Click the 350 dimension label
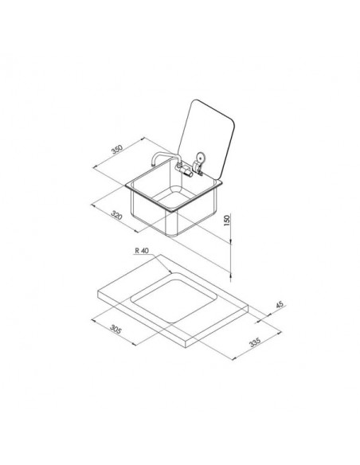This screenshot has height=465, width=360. [x=116, y=150]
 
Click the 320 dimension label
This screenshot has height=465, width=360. [x=116, y=215]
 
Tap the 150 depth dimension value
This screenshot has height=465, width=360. [x=226, y=220]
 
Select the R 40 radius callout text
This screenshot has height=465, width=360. [x=142, y=251]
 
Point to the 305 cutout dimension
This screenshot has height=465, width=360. [x=115, y=329]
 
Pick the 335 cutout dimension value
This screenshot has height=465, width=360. [x=255, y=342]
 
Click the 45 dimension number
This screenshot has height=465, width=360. [x=280, y=305]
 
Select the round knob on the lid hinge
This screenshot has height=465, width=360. [x=201, y=157]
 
